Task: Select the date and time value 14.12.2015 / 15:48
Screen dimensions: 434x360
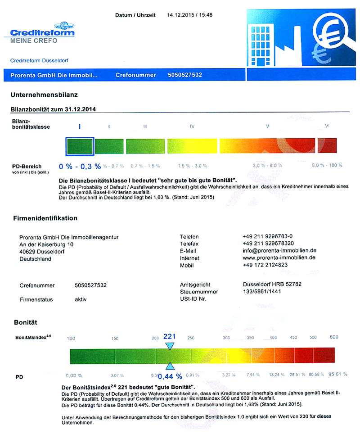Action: pos(189,15)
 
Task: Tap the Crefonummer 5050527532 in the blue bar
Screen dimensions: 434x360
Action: pos(191,75)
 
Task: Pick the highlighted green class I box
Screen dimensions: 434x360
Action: pos(80,146)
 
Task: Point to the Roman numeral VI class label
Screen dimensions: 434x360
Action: pos(327,127)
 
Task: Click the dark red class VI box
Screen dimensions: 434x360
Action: pos(327,146)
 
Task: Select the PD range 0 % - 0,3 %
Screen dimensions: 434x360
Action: pos(80,167)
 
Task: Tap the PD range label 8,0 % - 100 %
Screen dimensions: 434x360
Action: pos(327,166)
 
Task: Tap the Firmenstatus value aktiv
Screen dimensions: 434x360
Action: pos(81,299)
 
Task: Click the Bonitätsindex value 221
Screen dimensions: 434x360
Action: pos(169,336)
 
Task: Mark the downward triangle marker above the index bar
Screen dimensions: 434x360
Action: pos(169,346)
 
